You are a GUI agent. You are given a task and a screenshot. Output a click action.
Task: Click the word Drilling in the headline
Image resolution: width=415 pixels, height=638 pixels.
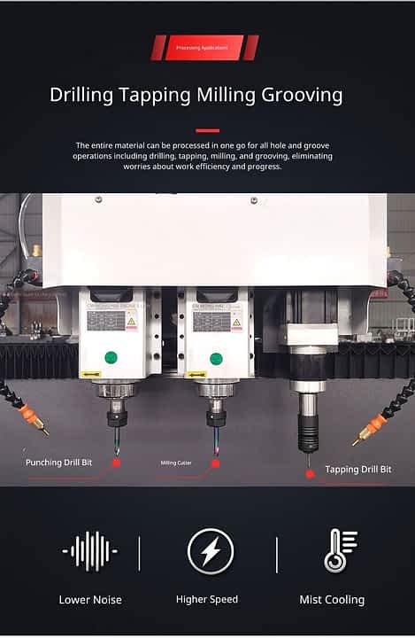point(81,96)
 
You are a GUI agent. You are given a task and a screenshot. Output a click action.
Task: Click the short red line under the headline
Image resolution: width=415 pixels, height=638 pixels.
point(207,130)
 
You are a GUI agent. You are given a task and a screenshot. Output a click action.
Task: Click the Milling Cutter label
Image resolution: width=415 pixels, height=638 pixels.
point(177,463)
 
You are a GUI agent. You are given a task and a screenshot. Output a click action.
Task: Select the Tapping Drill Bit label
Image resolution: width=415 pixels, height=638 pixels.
point(357,469)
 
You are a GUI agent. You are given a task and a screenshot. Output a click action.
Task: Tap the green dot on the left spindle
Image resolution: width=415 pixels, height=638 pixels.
point(111,357)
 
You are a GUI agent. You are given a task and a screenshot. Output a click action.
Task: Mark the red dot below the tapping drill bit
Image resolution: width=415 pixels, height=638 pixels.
point(310,473)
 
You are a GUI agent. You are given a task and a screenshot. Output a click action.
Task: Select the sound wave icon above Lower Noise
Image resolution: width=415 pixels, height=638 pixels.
point(89,551)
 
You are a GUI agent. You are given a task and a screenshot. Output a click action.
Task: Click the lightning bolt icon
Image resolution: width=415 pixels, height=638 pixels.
point(211,551)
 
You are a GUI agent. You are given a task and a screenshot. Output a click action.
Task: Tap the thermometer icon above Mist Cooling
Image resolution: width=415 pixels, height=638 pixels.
point(338,550)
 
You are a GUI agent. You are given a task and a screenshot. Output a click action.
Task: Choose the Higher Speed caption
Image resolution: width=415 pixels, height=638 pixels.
point(207,600)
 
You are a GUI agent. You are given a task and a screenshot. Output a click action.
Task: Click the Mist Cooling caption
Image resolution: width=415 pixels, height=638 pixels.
point(332,600)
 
